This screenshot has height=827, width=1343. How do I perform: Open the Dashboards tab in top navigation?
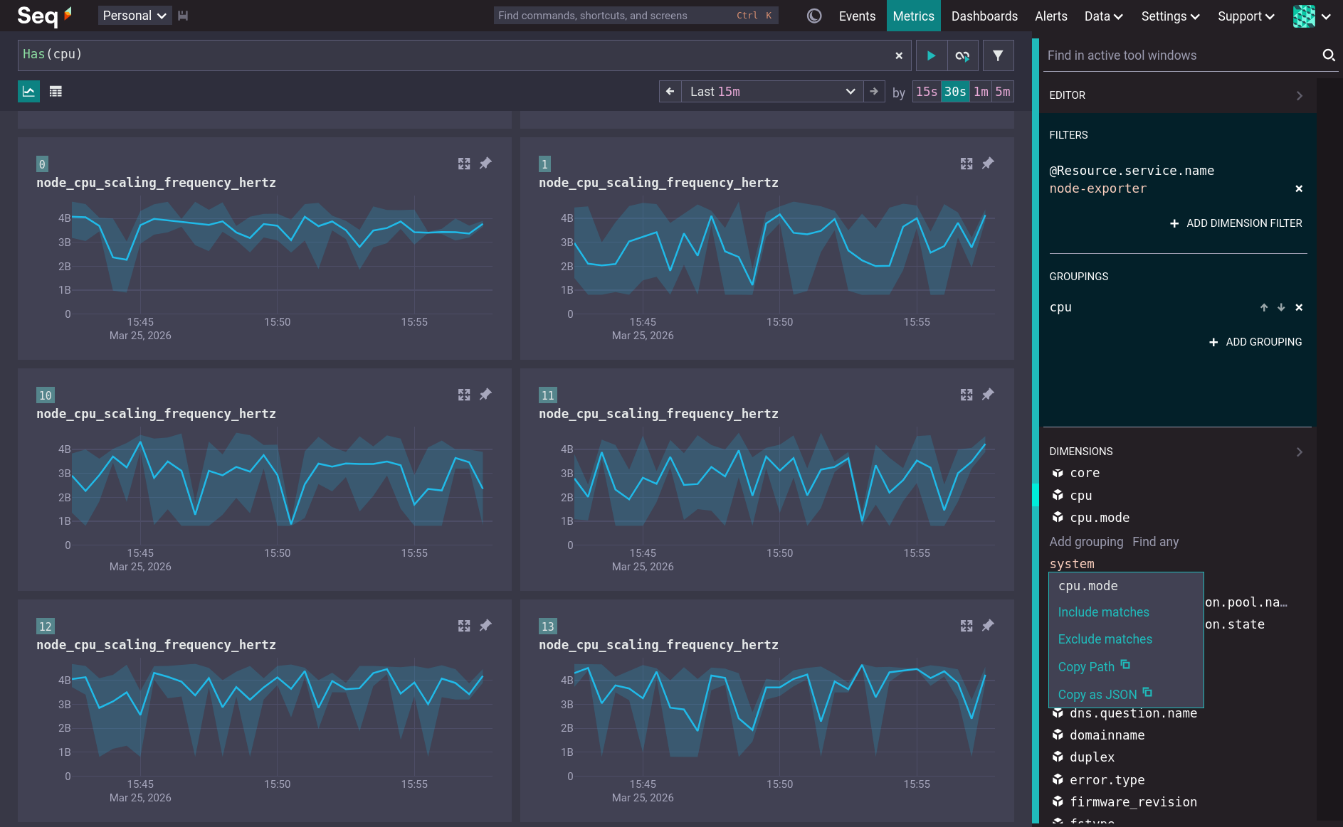coord(984,16)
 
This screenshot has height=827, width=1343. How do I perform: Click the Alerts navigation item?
coord(1050,16)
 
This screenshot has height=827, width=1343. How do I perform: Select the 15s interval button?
coord(926,92)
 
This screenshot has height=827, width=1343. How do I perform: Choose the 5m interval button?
coord(1002,92)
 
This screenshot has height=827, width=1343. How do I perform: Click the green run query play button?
coord(931,55)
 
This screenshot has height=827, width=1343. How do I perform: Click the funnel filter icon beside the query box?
coord(998,55)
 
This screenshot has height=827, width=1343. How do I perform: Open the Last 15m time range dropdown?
coord(771,92)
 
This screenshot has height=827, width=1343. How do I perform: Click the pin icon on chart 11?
coord(988,395)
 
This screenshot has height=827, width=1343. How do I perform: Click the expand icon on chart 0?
coord(464,164)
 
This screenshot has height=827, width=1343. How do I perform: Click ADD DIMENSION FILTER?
coord(1236,223)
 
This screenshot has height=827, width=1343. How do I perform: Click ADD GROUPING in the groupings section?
coord(1255,342)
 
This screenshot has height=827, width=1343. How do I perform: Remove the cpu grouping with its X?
coord(1299,307)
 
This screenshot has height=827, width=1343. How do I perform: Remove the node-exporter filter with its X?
coord(1299,188)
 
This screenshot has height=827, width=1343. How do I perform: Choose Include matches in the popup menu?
coord(1103,612)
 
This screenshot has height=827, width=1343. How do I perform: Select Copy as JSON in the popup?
coord(1097,695)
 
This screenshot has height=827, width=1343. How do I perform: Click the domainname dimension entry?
coord(1107,735)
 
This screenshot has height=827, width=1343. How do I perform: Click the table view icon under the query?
coord(56,92)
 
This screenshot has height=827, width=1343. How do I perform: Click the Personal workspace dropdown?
coord(134,16)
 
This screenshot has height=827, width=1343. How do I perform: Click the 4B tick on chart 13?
coord(567,681)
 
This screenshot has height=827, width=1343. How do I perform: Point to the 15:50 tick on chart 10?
coord(277,553)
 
